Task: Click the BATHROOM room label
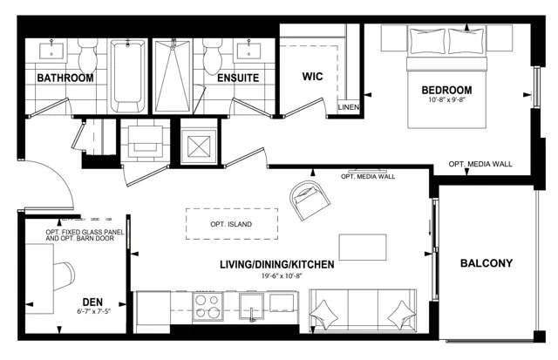[x=65, y=78]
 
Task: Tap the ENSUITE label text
[x=238, y=78]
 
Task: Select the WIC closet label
[x=312, y=77]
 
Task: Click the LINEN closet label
[x=349, y=107]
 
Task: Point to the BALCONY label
[x=487, y=263]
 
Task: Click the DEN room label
[x=92, y=302]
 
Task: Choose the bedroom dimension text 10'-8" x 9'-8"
[x=447, y=100]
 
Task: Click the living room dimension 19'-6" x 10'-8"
[x=279, y=275]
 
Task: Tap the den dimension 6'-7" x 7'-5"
[x=94, y=311]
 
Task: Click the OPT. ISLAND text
[x=231, y=225]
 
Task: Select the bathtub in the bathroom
[x=128, y=76]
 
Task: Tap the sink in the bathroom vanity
[x=51, y=51]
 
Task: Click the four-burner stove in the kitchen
[x=208, y=306]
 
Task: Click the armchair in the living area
[x=310, y=200]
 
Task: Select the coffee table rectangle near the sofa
[x=363, y=248]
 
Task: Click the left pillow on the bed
[x=427, y=41]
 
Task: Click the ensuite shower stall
[x=174, y=76]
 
